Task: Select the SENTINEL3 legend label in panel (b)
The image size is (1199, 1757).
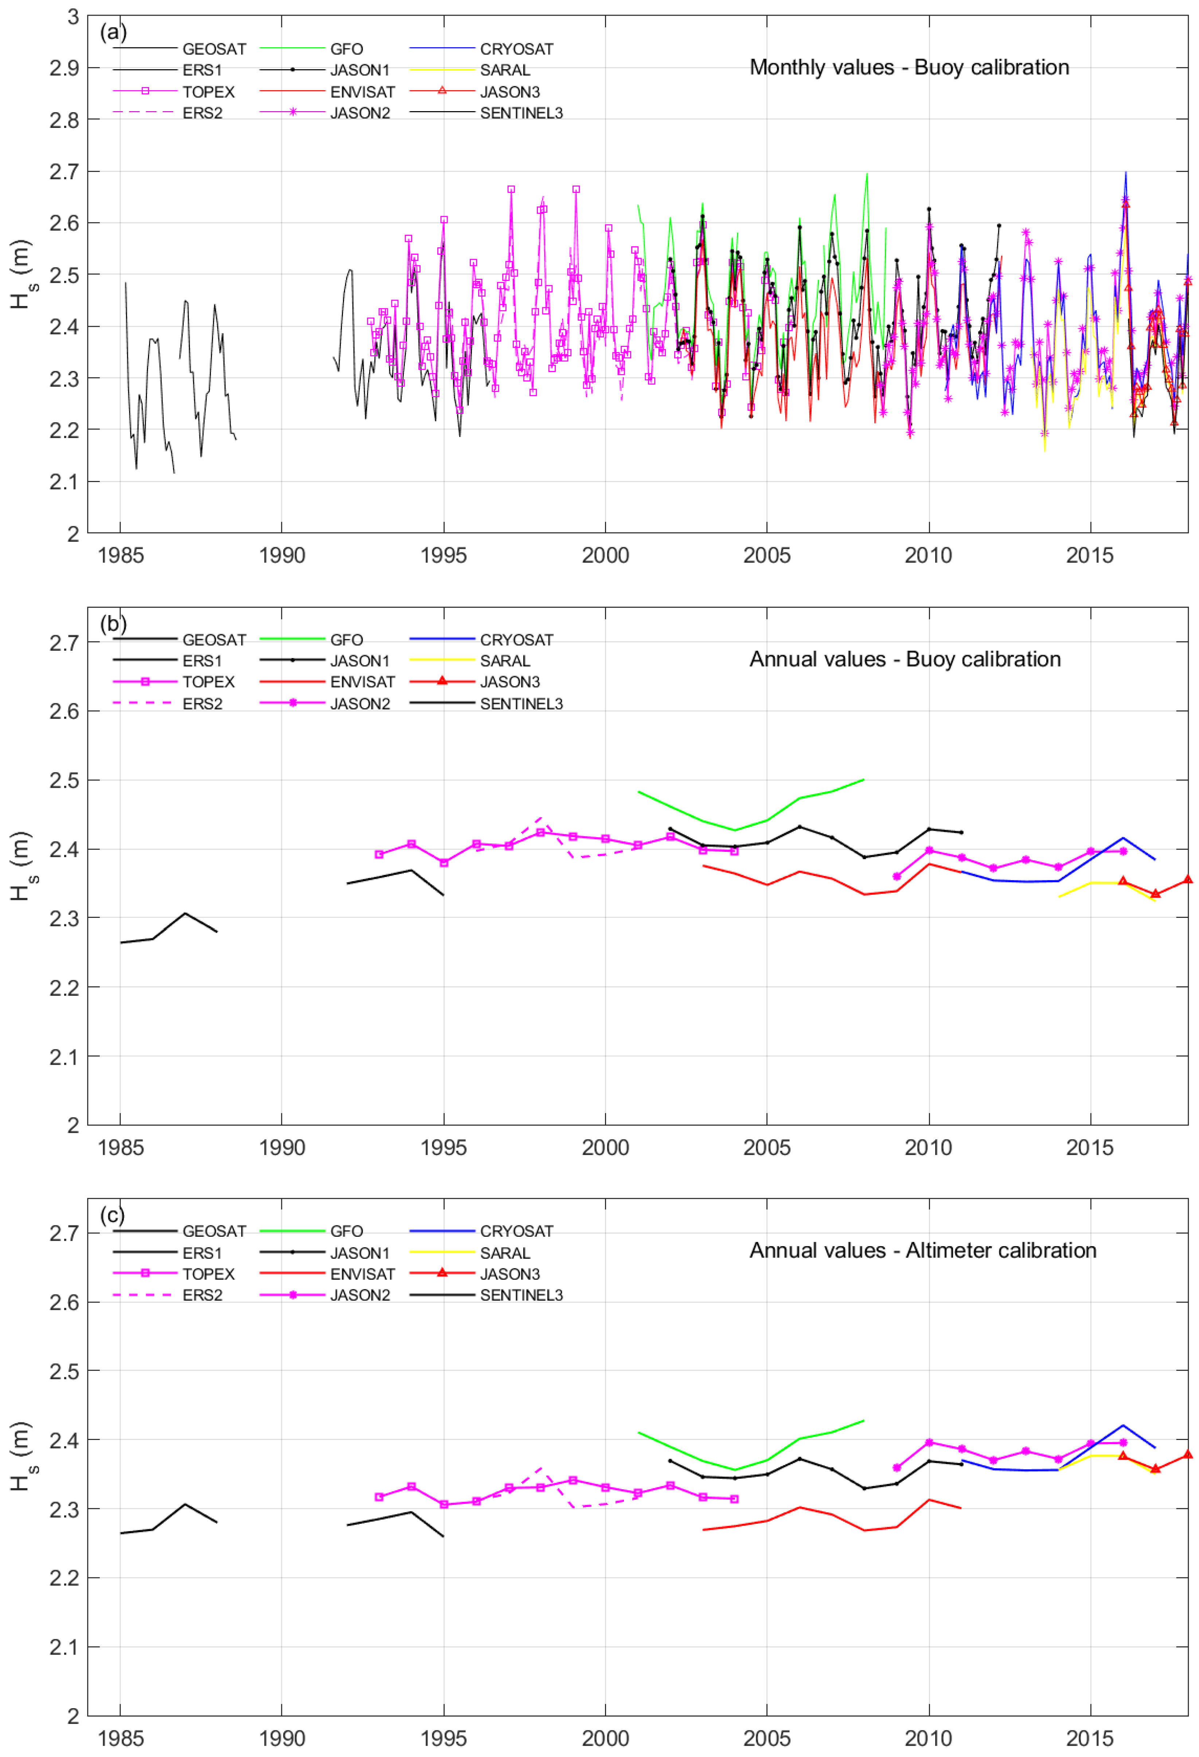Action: tap(521, 704)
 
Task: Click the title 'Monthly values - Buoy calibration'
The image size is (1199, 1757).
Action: tap(909, 67)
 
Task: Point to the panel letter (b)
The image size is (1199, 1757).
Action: tap(113, 624)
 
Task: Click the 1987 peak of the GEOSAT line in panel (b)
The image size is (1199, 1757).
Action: tap(185, 913)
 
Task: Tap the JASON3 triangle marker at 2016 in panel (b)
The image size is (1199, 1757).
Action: tap(1122, 881)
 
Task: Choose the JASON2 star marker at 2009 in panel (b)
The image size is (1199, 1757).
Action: tap(897, 877)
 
